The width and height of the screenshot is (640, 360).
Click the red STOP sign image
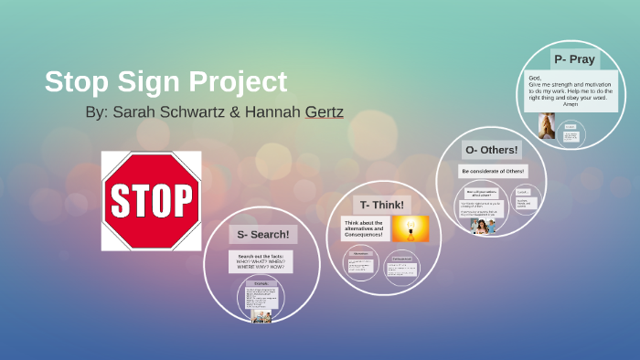coord(151,200)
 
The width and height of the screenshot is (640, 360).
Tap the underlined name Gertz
coord(320,116)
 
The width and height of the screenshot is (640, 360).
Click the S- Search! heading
coord(263,234)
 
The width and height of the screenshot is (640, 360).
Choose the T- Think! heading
coord(383,205)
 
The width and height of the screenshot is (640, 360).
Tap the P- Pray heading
coord(574,59)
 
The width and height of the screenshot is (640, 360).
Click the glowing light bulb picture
coord(411,229)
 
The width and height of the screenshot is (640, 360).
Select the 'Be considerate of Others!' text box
coord(493,171)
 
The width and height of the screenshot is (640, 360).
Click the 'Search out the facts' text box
coord(261,261)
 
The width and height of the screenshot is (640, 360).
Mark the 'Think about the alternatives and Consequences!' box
coord(364,228)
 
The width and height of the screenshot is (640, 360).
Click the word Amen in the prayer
coord(571,103)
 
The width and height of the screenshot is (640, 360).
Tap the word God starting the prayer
coord(534,79)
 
